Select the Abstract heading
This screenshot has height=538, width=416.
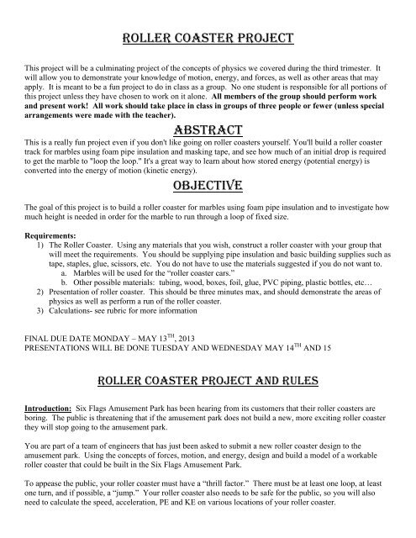tap(208, 129)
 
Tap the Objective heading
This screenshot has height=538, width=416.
tap(208, 184)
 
